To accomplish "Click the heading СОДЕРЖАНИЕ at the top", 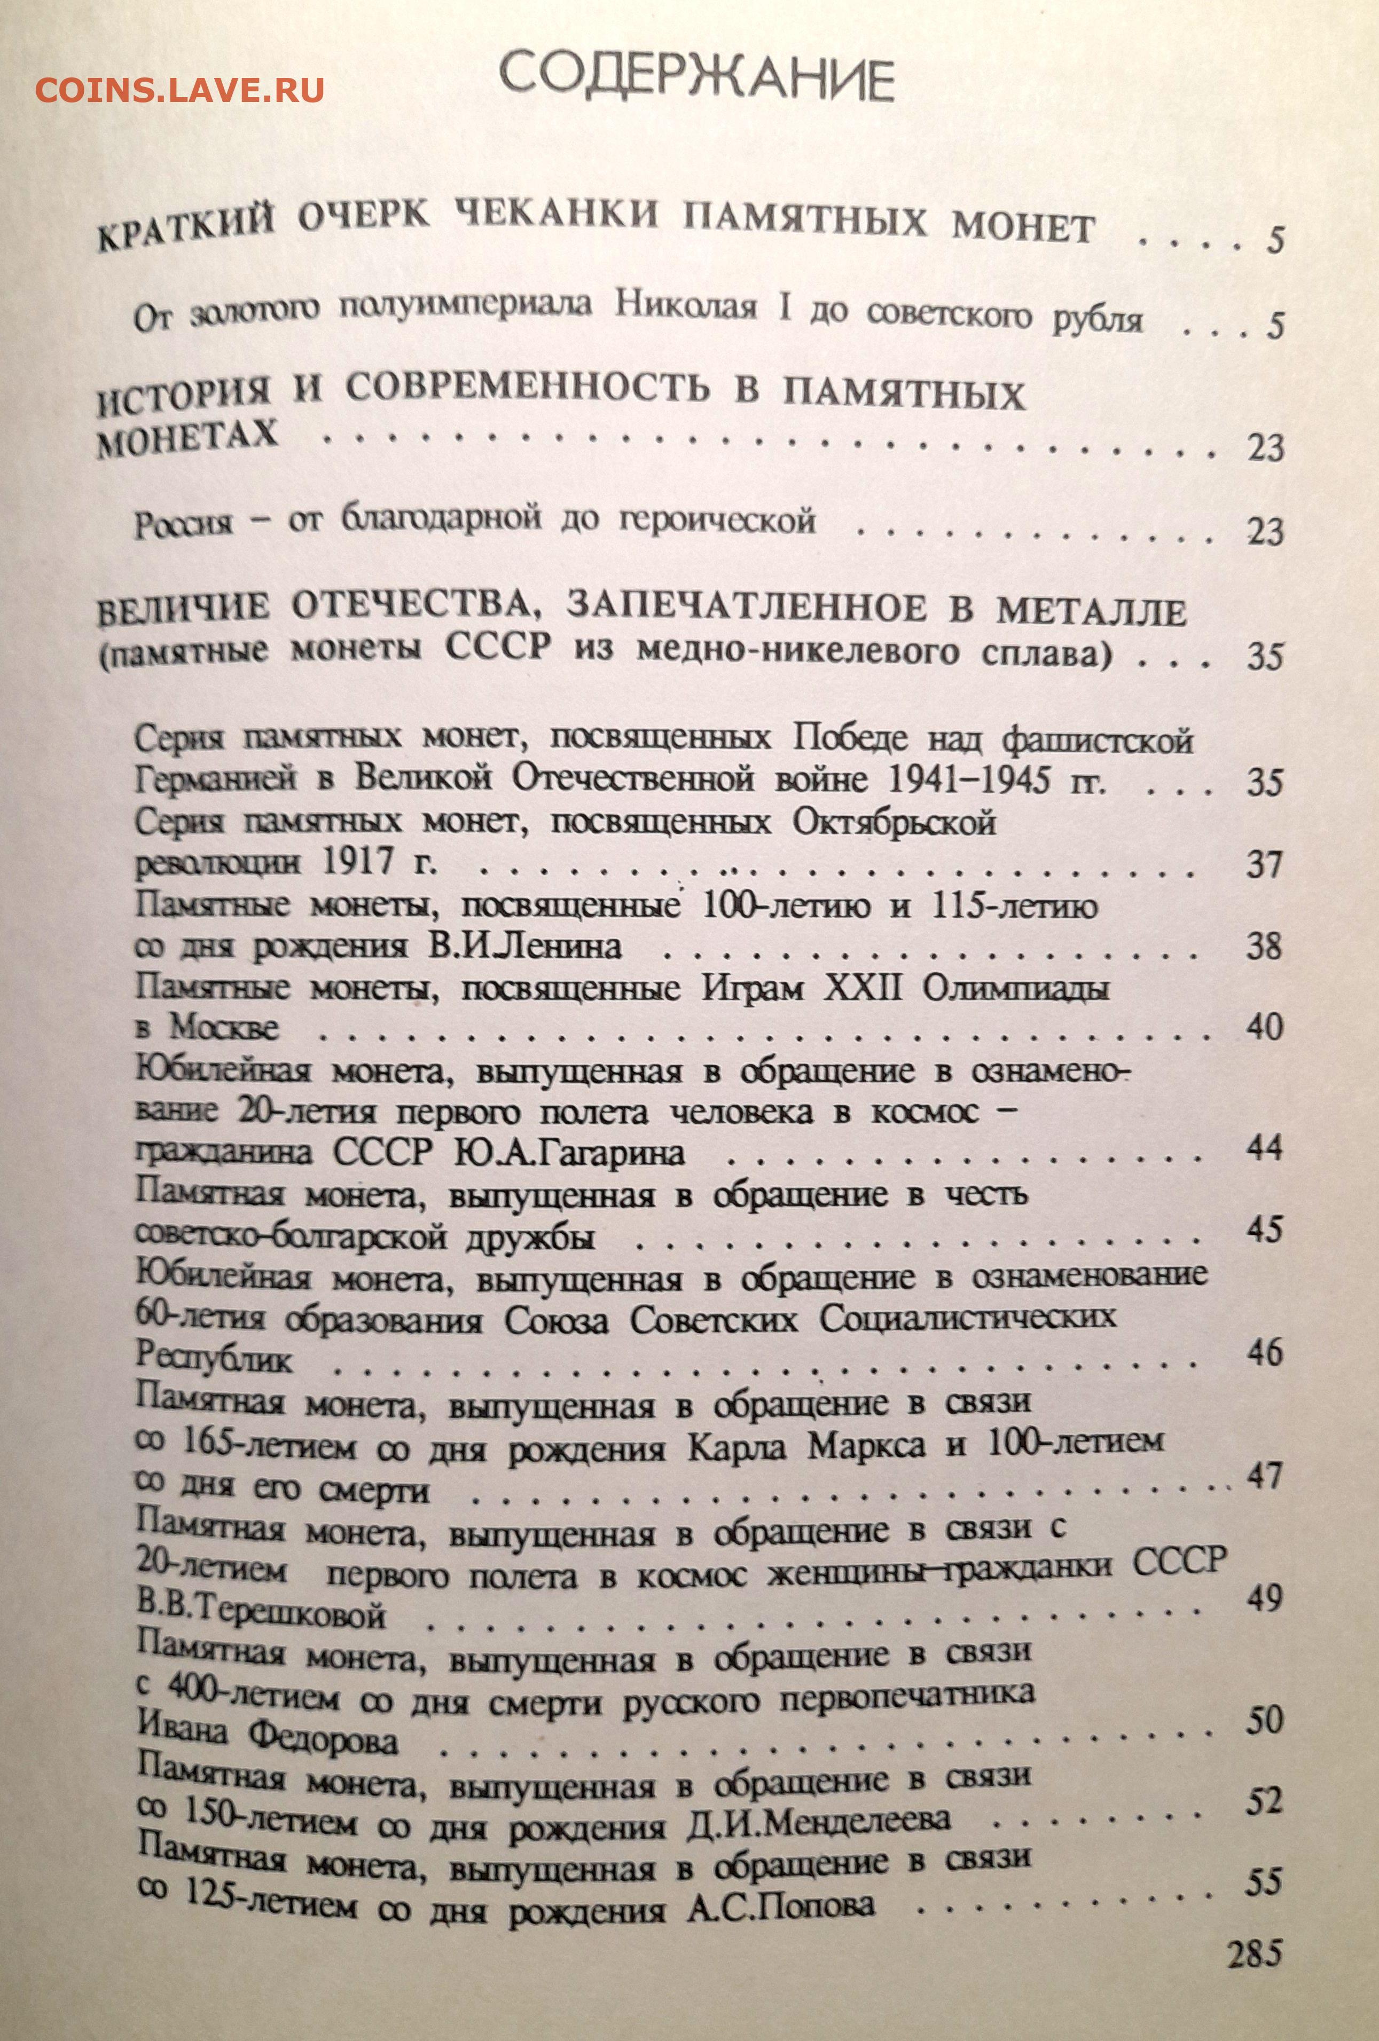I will point(696,79).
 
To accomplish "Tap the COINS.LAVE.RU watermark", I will point(180,89).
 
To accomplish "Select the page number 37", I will point(1265,866).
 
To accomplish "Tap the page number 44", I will point(1265,1148).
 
